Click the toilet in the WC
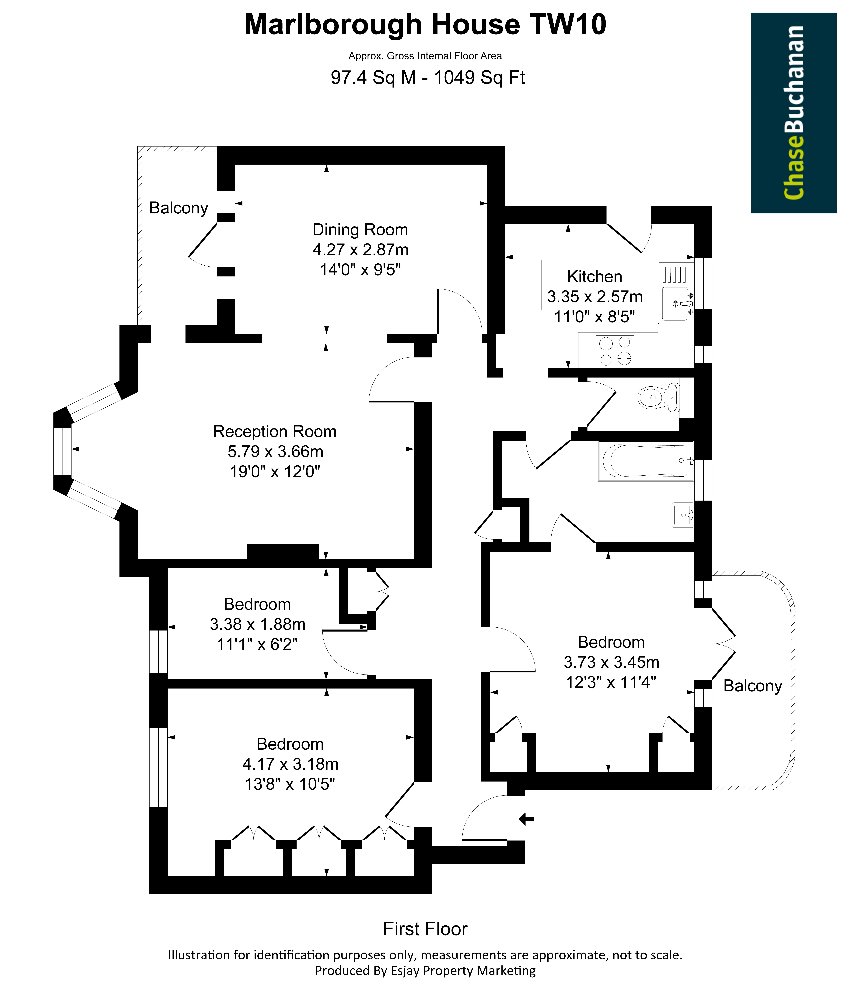pyautogui.click(x=659, y=397)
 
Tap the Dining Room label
pyautogui.click(x=360, y=230)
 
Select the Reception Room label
pyautogui.click(x=275, y=431)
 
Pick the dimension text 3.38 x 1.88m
pyautogui.click(x=258, y=624)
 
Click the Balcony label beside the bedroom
pyautogui.click(x=753, y=686)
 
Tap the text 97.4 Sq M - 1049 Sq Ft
pyautogui.click(x=428, y=77)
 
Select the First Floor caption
pyautogui.click(x=425, y=929)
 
